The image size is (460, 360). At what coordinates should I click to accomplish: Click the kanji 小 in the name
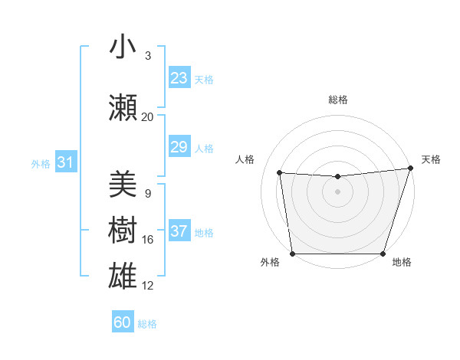123,47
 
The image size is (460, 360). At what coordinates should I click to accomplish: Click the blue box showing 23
179,78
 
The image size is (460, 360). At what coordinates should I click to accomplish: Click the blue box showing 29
179,147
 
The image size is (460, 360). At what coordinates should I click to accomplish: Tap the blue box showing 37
179,231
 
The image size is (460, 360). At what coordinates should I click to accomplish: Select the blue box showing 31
65,162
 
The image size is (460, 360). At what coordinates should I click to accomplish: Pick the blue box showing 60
123,322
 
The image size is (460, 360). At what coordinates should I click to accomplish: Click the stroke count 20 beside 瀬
147,117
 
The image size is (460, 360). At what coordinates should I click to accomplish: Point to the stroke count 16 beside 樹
147,240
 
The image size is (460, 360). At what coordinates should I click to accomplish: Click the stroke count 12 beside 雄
147,286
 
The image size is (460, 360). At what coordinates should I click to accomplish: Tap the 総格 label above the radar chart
338,100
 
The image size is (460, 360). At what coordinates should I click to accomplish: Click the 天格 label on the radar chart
431,159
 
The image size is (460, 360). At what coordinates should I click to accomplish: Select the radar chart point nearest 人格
280,173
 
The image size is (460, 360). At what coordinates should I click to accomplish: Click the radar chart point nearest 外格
292,254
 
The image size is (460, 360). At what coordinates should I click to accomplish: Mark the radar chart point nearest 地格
383,254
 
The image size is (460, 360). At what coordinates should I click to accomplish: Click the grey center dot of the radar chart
338,191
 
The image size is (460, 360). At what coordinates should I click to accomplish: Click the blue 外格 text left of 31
41,163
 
